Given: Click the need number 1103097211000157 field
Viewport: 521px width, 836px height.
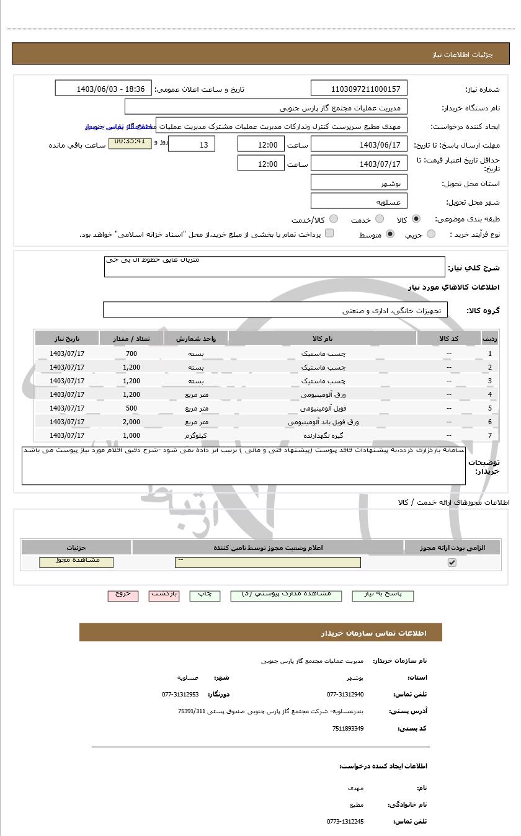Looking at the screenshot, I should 359,89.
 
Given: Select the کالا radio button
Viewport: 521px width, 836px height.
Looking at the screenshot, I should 416,219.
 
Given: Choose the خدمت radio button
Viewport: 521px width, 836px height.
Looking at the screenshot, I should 380,219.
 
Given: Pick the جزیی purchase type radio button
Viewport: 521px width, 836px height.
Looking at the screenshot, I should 431,234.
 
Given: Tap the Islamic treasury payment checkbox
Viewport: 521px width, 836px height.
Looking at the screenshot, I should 329,233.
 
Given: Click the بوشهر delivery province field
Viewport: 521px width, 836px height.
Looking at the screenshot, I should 359,183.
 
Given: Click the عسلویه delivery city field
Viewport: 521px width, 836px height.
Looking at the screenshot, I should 359,202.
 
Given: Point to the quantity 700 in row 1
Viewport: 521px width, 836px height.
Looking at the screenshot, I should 131,354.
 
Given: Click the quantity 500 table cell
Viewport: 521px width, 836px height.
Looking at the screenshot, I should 131,408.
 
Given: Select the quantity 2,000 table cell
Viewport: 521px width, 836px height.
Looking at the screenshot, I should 131,422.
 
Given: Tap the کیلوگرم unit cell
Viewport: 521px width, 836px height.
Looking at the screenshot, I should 196,435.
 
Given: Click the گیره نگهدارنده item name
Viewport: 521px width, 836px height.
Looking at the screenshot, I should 323,435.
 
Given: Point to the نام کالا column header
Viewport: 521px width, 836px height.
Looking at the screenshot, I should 323,339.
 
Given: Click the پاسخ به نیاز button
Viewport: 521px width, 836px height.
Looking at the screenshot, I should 383,595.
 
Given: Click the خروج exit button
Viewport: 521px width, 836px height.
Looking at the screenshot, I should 123,595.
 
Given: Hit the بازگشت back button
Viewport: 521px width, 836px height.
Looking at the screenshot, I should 164,595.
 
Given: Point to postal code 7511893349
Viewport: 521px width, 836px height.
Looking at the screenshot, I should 348,728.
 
